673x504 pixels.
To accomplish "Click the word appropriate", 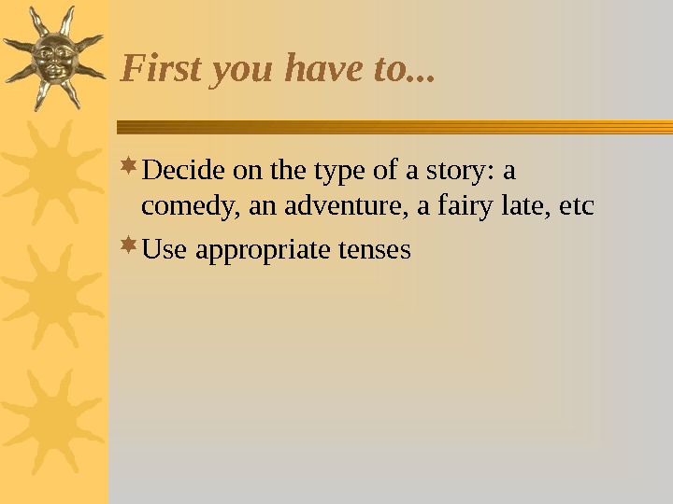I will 258,252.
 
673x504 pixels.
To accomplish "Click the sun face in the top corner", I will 53,55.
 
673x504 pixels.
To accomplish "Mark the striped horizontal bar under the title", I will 393,127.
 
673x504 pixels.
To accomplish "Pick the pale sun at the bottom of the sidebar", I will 51,420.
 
